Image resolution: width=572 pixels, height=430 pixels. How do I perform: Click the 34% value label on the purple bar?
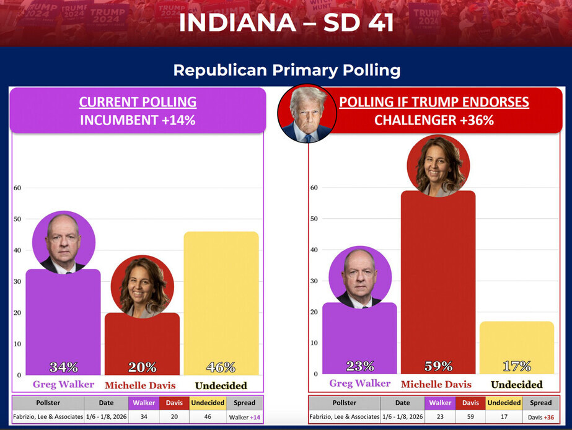click(x=63, y=366)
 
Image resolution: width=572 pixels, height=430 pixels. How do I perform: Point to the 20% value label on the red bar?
click(x=142, y=367)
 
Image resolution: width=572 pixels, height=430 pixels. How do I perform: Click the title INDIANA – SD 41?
click(x=286, y=22)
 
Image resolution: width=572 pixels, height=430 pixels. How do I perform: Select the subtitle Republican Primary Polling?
click(x=286, y=70)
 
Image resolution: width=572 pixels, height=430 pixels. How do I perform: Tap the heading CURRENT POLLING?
click(x=138, y=102)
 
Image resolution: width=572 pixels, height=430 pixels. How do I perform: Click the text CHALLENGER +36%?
click(x=434, y=120)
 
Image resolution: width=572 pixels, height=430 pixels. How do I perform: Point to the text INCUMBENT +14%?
click(x=138, y=120)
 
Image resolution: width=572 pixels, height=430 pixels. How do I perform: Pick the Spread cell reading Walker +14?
click(x=245, y=417)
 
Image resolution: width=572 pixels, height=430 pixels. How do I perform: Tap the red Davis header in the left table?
click(x=174, y=403)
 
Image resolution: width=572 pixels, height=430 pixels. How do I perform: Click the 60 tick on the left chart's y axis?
click(x=17, y=188)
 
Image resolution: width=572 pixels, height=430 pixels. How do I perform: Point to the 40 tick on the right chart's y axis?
click(x=314, y=250)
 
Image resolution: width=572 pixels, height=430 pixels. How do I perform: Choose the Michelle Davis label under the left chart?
click(x=140, y=385)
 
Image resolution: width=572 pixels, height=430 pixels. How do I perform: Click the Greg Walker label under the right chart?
click(x=359, y=384)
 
